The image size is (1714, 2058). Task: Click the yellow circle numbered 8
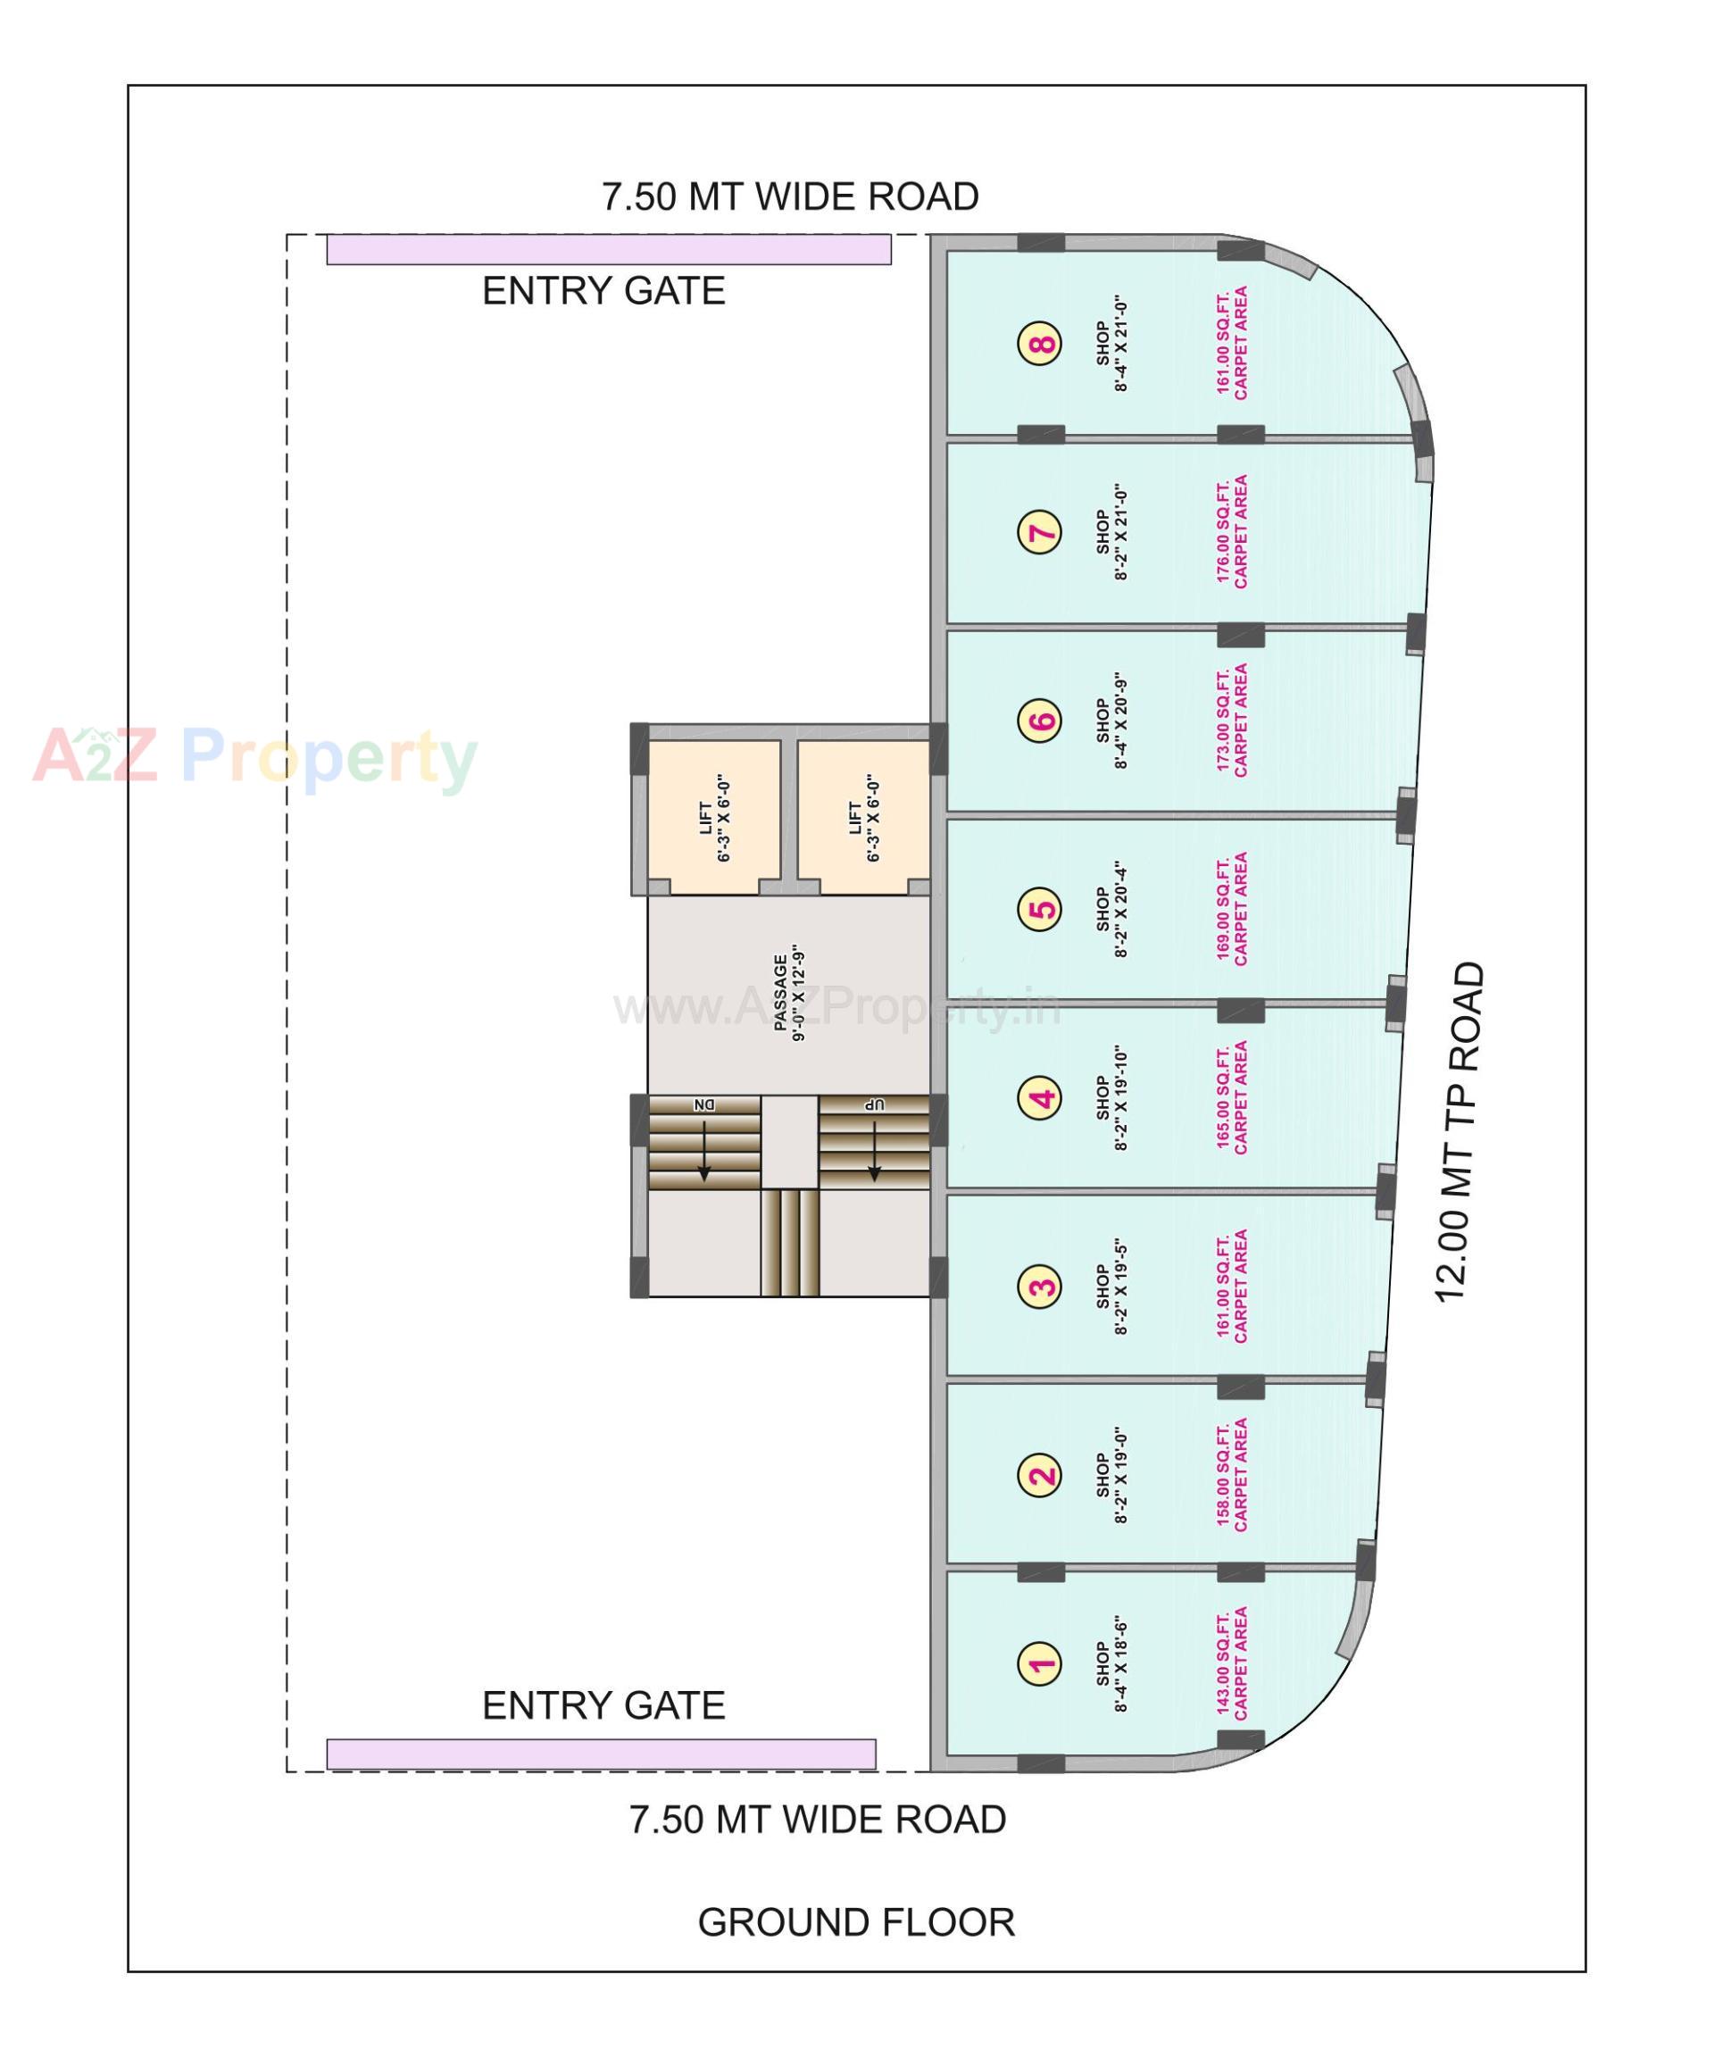[1040, 344]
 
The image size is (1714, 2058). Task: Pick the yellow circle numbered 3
[1040, 1286]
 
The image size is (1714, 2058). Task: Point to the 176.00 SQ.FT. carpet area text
[1232, 532]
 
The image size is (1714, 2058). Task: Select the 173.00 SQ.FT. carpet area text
[1232, 721]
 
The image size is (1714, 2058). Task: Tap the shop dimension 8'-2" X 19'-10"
[1112, 1097]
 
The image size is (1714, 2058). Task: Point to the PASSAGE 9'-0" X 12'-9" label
[789, 997]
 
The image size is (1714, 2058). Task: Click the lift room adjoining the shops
[862, 816]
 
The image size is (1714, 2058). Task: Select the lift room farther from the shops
[713, 816]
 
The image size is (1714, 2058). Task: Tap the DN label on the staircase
[703, 1105]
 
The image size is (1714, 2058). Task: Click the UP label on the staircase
[873, 1105]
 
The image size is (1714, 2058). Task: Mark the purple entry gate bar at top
[608, 250]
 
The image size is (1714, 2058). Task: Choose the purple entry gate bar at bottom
[600, 1754]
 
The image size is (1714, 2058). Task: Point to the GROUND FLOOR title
[855, 1923]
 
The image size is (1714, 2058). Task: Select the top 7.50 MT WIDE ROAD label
[790, 197]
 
